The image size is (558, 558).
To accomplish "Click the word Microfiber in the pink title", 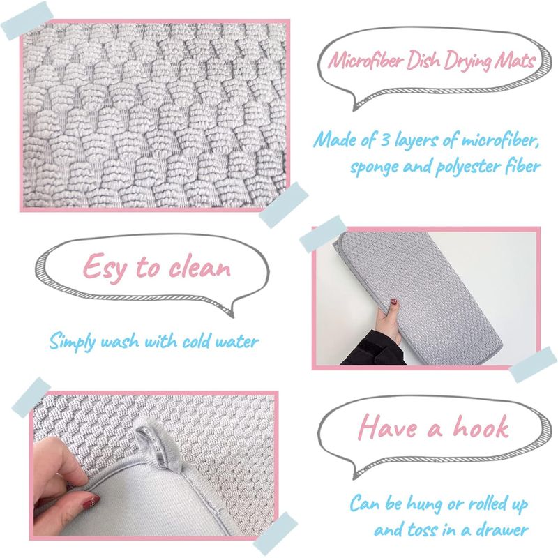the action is pyautogui.click(x=365, y=60).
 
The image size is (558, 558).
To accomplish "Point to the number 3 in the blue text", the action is pyautogui.click(x=385, y=139).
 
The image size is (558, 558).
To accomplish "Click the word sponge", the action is pyautogui.click(x=375, y=167).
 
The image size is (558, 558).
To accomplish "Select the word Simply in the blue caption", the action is pyautogui.click(x=73, y=342).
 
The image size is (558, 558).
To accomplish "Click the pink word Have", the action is pyautogui.click(x=388, y=427).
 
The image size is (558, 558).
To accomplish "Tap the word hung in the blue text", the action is pyautogui.click(x=426, y=505).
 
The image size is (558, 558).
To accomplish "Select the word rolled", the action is pyautogui.click(x=488, y=504).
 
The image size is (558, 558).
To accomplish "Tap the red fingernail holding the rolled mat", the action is pyautogui.click(x=394, y=302).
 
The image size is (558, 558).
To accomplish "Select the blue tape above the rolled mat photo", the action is pyautogui.click(x=323, y=234).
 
